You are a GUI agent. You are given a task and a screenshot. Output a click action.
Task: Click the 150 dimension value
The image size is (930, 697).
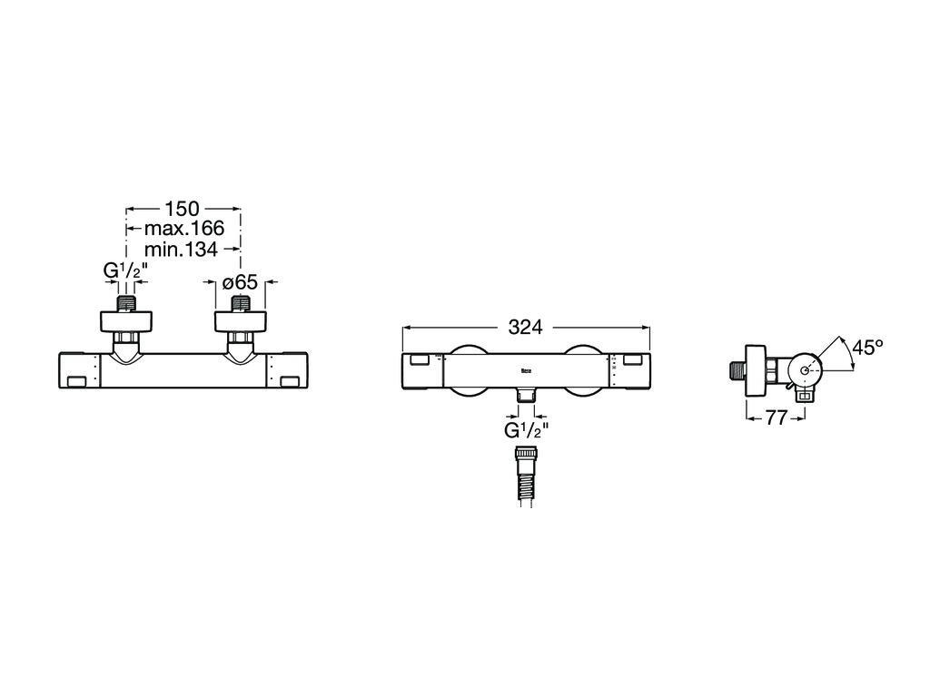182,209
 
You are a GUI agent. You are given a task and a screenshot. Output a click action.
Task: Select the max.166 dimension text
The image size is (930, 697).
184,228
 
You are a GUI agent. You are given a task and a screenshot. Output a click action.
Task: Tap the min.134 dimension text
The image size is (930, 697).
181,249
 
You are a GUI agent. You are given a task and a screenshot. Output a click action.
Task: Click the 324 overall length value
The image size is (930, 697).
526,327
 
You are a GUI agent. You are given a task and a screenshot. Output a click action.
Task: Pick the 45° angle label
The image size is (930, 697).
867,348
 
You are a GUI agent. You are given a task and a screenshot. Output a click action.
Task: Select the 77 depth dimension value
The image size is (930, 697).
776,417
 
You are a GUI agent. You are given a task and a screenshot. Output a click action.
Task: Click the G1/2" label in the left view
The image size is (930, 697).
125,270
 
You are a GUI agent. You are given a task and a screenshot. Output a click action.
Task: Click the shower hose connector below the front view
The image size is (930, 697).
526,476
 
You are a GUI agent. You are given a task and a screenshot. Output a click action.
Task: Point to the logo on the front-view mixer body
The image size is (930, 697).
526,371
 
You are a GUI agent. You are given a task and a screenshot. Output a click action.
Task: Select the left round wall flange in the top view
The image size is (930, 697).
125,321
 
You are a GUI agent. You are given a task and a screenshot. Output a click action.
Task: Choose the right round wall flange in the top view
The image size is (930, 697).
240,321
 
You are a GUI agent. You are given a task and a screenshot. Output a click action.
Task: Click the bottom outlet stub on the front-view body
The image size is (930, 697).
526,395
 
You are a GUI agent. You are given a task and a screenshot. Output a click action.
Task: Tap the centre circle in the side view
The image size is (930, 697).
805,370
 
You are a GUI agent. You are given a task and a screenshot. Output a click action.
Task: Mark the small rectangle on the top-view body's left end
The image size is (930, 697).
78,382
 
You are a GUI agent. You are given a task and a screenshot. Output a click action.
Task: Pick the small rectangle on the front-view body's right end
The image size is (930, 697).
633,359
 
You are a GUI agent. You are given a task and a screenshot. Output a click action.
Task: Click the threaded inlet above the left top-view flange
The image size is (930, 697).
125,303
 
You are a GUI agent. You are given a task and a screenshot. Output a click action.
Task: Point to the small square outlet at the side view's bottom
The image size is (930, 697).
805,398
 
